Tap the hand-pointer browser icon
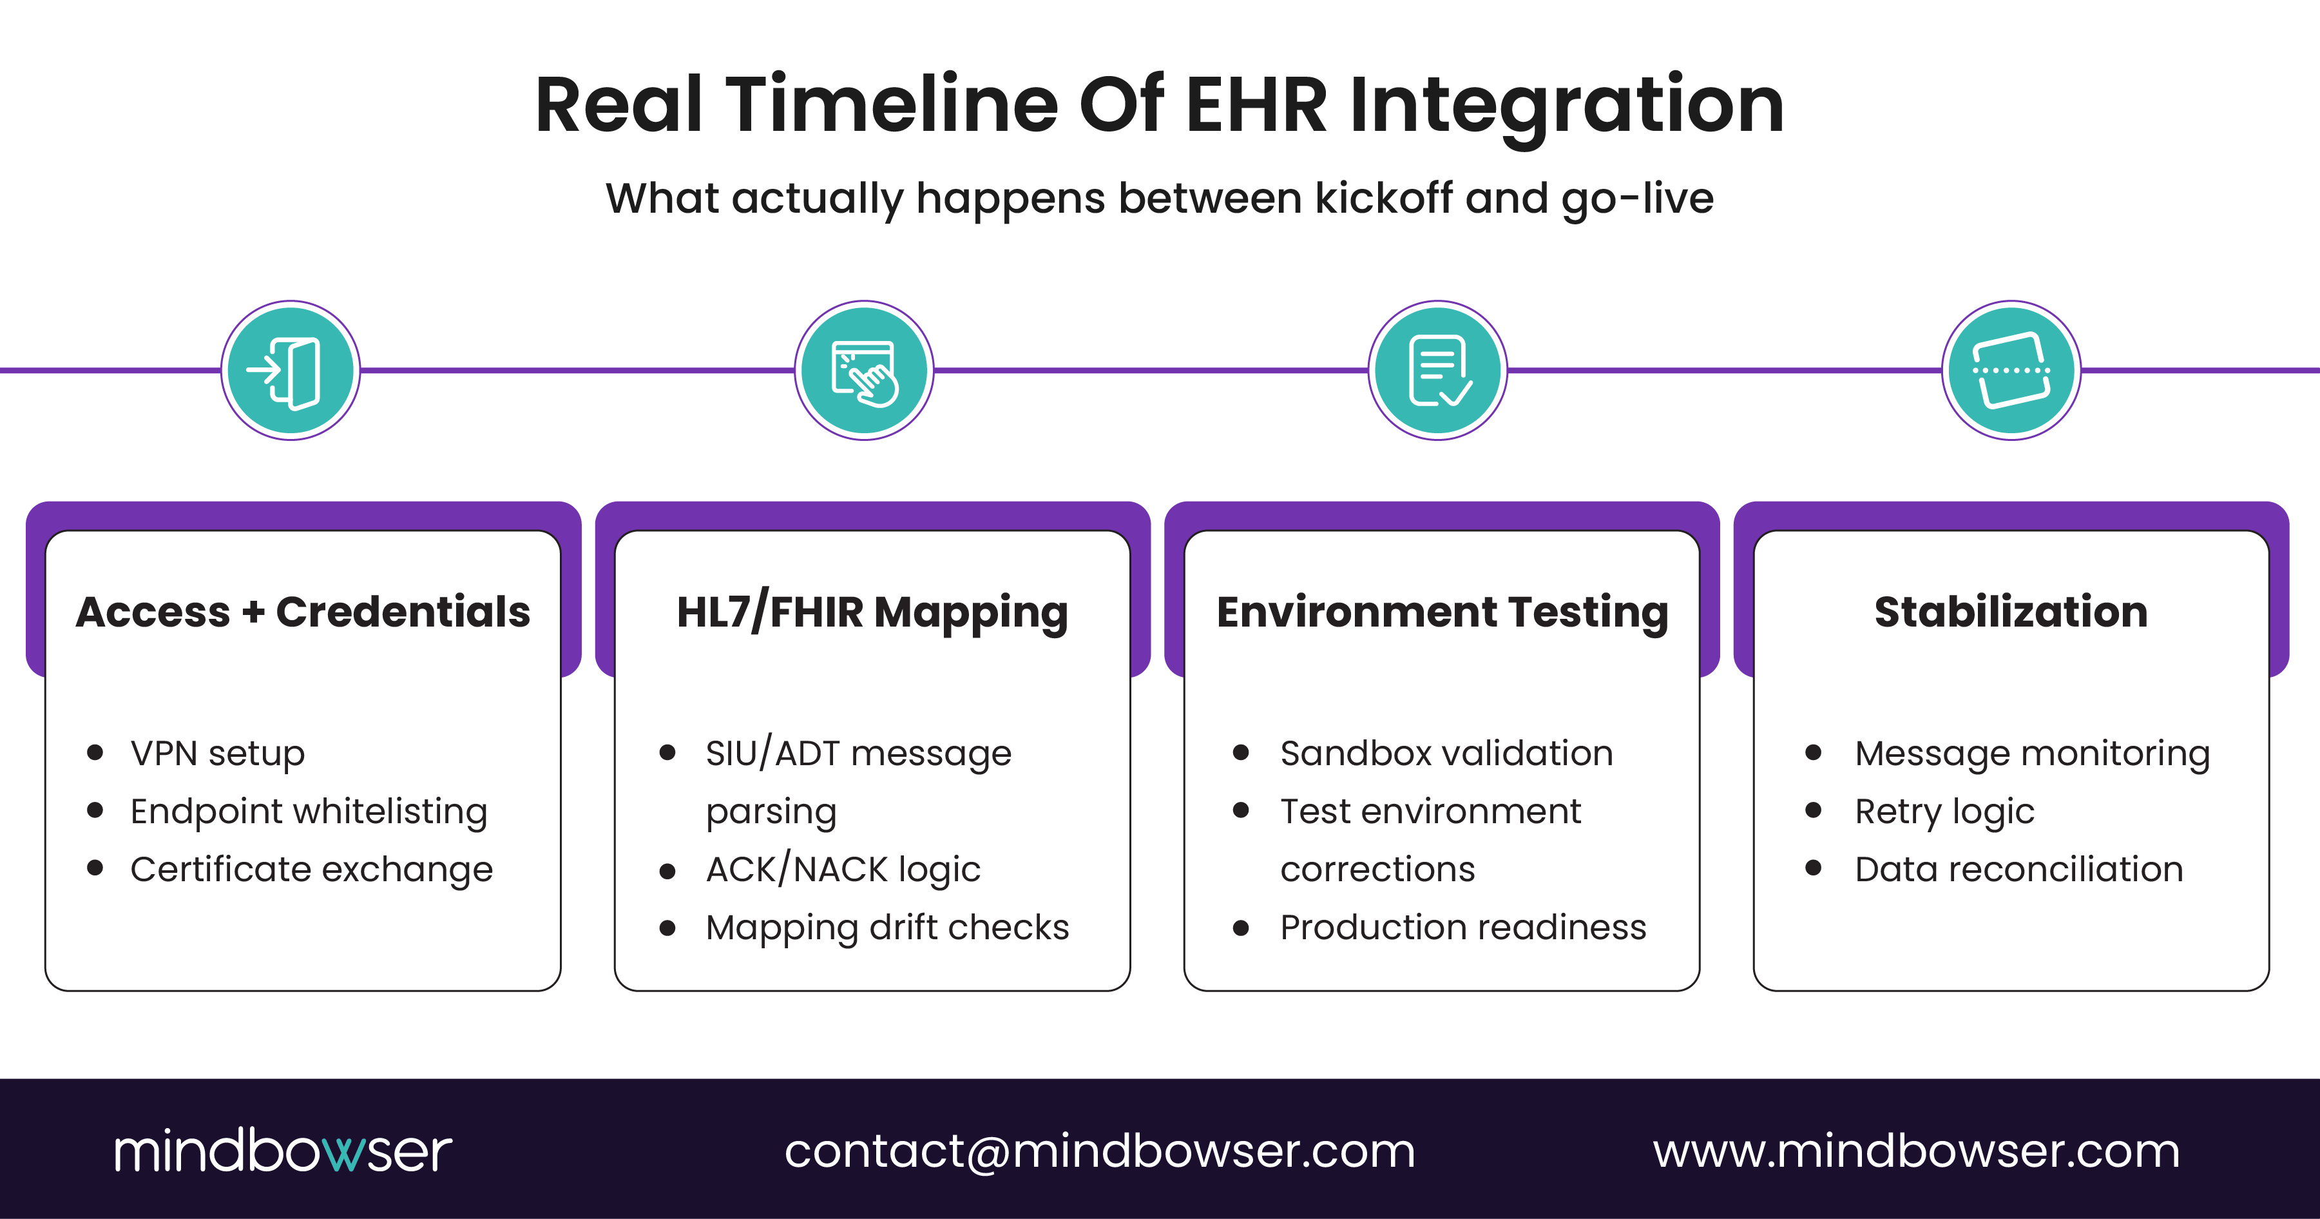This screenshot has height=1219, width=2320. coord(864,370)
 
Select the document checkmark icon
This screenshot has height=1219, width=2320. coord(1437,370)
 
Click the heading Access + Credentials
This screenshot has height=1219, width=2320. coord(303,612)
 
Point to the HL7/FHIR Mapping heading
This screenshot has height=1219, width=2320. coord(872,612)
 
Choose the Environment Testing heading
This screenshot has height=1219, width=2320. coord(1442,612)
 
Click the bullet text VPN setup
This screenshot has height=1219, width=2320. coord(217,753)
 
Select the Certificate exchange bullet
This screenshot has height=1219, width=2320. coord(312,870)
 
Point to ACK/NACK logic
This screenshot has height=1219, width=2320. coord(843,870)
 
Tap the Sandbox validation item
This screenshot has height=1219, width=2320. coord(1446,753)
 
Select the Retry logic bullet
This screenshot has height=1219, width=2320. coord(1944,812)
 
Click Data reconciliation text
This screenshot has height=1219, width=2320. coord(2018,870)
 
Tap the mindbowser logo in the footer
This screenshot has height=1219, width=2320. coord(282,1151)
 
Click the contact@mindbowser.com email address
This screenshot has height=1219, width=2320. coord(1100,1151)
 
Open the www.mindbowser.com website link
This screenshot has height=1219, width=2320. coord(1915,1151)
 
